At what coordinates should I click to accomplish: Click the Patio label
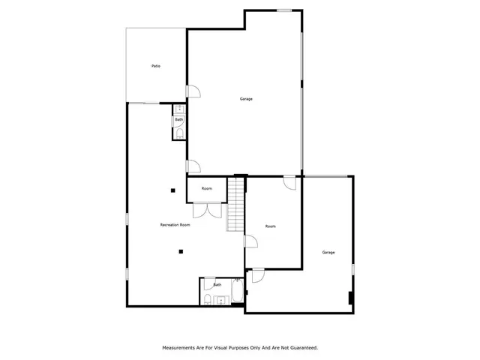coord(155,66)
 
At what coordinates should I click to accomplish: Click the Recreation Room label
coord(175,225)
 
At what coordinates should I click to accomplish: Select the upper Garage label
coord(245,99)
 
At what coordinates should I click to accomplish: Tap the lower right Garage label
coord(328,252)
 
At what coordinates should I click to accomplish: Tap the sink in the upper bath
coord(179,110)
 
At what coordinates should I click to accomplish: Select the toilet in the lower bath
coord(206,300)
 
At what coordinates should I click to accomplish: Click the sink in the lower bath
coord(220,301)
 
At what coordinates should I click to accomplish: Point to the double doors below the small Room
coord(212,210)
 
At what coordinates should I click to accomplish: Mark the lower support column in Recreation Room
coord(180,252)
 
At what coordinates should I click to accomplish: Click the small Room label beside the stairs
coord(206,188)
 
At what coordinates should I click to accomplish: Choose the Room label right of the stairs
coord(271,226)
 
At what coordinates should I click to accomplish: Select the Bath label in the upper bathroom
coord(179,120)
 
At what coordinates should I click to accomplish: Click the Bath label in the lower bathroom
coord(217,285)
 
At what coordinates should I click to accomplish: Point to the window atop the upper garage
coord(284,10)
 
